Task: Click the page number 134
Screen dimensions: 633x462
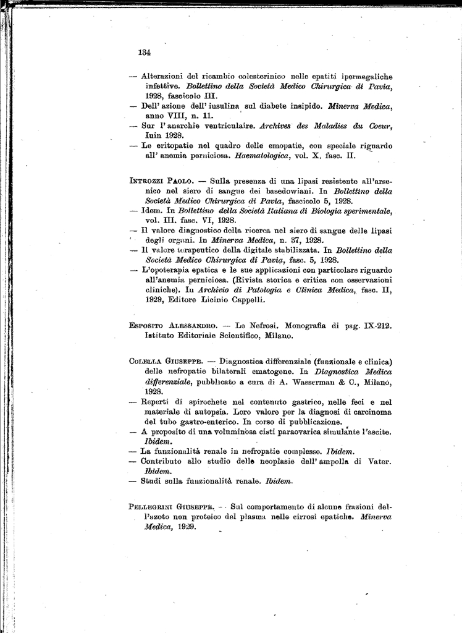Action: pos(145,52)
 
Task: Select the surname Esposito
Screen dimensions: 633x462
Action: pos(148,325)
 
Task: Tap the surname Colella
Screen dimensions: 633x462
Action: pos(145,362)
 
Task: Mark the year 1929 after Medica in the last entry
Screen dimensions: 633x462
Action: pos(183,527)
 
